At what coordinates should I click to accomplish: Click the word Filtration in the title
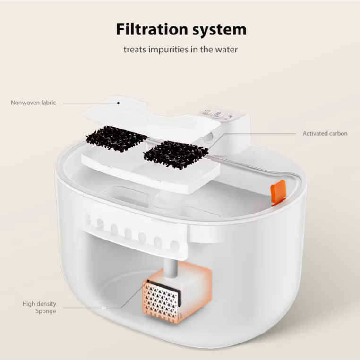coord(152,29)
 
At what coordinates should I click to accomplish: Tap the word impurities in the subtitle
coord(169,49)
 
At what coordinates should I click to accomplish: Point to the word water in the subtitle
coord(226,50)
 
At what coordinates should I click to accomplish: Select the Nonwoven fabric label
coord(34,103)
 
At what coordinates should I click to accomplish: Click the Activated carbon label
coord(325,133)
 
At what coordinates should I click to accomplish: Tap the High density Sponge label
coord(39,307)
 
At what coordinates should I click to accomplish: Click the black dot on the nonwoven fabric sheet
coord(118,103)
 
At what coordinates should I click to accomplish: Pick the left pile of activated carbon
coord(116,138)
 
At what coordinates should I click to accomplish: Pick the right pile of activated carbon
coord(176,154)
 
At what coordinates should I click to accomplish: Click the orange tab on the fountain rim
coord(278,192)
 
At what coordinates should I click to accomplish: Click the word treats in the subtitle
coord(135,50)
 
